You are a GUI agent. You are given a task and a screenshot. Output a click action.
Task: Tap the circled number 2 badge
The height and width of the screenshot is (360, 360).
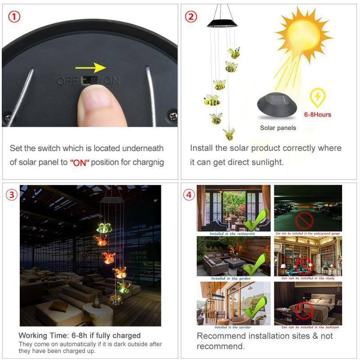pyautogui.click(x=191, y=18)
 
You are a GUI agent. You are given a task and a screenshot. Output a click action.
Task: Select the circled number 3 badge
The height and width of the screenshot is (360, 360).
pyautogui.click(x=12, y=195)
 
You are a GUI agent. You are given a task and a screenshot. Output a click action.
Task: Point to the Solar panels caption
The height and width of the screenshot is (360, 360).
pyautogui.click(x=278, y=128)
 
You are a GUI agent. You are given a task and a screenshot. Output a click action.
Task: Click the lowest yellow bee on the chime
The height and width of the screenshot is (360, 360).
pyautogui.click(x=229, y=134)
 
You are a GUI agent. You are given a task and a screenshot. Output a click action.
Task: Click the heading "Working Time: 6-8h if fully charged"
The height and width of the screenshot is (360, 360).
pyautogui.click(x=80, y=335)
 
